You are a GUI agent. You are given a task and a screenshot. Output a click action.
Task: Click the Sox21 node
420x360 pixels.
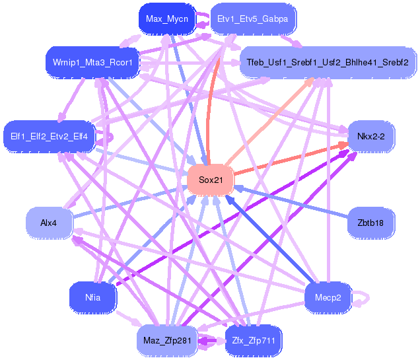[211, 180]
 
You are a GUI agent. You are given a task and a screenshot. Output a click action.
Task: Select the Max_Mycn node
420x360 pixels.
[167, 18]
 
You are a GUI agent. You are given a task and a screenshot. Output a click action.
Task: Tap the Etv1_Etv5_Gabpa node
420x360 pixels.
[253, 18]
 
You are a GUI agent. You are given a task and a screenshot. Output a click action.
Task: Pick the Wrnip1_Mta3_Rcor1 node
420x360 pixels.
[92, 62]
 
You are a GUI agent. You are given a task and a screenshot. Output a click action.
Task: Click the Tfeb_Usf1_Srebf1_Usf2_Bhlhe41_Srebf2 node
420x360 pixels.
[328, 62]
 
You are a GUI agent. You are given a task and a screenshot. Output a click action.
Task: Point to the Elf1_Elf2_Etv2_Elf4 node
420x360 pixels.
[49, 137]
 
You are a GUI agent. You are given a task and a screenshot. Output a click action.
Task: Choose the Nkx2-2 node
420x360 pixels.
[371, 137]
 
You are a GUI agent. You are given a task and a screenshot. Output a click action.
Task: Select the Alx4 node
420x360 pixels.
[49, 223]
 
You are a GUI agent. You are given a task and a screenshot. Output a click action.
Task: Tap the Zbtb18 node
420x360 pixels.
[371, 223]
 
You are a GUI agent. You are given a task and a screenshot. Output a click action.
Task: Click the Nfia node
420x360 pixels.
[92, 297]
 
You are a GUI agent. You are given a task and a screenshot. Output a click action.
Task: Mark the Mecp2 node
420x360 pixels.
[328, 297]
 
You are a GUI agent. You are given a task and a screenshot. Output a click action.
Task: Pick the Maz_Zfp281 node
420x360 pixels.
[167, 340]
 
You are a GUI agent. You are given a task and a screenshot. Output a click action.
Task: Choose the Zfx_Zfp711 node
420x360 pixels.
[254, 340]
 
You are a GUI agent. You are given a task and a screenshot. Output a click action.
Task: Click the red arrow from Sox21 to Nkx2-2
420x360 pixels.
[291, 159]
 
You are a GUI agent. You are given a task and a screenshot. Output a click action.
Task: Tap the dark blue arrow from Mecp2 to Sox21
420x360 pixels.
[270, 239]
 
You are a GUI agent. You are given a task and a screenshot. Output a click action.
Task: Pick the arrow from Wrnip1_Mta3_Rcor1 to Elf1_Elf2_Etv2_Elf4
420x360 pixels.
[71, 100]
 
